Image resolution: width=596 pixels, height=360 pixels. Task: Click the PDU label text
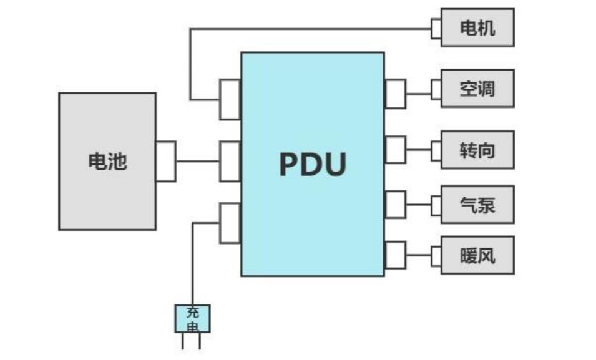[312, 164]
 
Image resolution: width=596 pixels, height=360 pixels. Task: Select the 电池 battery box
[107, 162]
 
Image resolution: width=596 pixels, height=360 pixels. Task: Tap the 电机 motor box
[477, 27]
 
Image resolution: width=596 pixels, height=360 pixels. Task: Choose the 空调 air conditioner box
[477, 89]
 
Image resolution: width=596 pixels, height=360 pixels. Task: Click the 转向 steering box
[477, 150]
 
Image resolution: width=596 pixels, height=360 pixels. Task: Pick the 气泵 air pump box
[477, 204]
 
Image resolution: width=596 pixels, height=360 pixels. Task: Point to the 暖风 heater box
[477, 255]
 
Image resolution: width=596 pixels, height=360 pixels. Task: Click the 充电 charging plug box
[192, 318]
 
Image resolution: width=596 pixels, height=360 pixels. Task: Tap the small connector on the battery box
[165, 162]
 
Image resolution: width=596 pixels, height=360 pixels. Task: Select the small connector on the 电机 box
[436, 27]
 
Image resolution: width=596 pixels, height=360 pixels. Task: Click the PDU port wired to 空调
[395, 94]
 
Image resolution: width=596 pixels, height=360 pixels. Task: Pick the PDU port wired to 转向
[395, 150]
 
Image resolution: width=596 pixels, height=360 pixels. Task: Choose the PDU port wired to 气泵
[395, 204]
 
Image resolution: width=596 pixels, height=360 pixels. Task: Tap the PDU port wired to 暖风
[395, 255]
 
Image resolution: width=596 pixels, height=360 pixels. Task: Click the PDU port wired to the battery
[230, 162]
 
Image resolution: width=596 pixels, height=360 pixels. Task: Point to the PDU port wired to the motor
[230, 99]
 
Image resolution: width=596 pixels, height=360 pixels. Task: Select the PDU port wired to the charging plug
[230, 223]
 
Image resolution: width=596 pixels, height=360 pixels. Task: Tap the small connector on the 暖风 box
[436, 255]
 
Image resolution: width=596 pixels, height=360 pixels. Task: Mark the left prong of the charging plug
[183, 341]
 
